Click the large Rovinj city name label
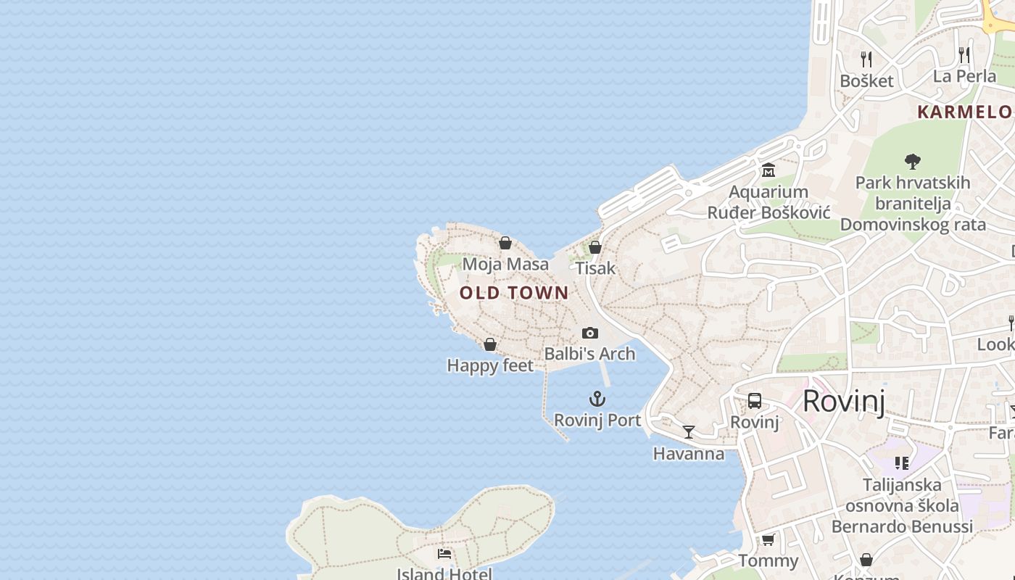tap(843, 401)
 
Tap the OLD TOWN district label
tap(514, 293)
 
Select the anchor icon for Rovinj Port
tap(597, 399)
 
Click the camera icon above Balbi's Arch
tap(590, 333)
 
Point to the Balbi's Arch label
tap(589, 354)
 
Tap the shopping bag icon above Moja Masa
tap(505, 243)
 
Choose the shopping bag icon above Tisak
tap(595, 247)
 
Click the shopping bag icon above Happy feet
tap(490, 344)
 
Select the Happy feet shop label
tap(490, 365)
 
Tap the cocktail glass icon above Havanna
tap(689, 432)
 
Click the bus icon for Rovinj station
tap(754, 401)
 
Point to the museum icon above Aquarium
tap(768, 170)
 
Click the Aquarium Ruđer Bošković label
tap(768, 202)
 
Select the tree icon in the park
tap(912, 161)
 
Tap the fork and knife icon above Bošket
tap(866, 59)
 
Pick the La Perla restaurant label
tap(964, 76)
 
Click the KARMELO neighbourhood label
tap(965, 112)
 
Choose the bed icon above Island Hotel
tap(444, 554)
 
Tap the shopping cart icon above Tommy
tap(768, 539)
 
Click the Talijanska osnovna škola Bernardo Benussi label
tap(902, 505)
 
